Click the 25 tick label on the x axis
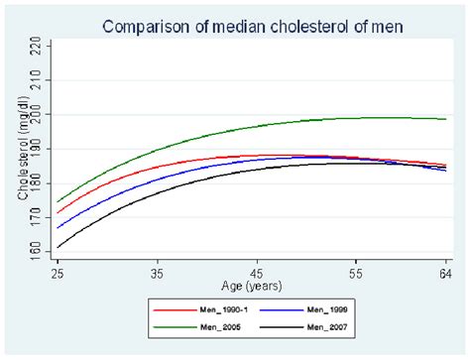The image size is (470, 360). point(59,271)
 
